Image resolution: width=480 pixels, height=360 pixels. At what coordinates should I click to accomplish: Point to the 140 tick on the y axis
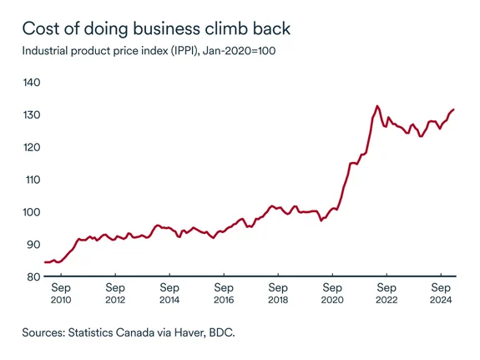click(x=33, y=82)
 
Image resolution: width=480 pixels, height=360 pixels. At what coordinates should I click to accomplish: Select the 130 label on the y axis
click(x=33, y=114)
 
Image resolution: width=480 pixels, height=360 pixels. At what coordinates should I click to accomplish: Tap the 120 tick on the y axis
click(x=33, y=147)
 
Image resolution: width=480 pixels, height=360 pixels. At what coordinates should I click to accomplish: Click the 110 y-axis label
click(x=33, y=180)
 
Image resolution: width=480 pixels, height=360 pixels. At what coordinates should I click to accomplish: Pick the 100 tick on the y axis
click(x=33, y=212)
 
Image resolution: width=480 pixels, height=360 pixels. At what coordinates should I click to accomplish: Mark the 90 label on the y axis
click(x=33, y=245)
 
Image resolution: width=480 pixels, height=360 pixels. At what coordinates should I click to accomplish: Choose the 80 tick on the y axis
click(x=33, y=276)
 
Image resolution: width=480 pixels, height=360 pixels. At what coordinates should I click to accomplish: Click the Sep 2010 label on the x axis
click(x=61, y=292)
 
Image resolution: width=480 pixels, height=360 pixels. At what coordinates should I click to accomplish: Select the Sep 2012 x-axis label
click(x=115, y=292)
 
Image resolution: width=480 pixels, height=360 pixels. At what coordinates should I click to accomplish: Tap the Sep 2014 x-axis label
click(x=169, y=292)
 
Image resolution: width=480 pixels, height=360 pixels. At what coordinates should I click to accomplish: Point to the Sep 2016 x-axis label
click(x=224, y=292)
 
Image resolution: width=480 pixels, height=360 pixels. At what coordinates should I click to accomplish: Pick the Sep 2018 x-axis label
click(x=278, y=292)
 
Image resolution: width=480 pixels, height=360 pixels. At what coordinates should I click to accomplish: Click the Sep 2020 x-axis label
click(x=332, y=292)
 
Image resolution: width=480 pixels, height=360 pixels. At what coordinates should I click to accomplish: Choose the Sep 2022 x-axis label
click(x=387, y=292)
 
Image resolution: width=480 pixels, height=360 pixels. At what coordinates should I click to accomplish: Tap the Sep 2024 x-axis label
click(x=441, y=292)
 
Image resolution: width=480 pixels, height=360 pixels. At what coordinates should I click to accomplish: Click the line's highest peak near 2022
click(x=377, y=106)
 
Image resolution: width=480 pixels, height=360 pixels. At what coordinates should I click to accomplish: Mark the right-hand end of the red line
click(x=453, y=109)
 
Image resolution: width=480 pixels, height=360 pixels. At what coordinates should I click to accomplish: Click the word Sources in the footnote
click(x=49, y=332)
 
